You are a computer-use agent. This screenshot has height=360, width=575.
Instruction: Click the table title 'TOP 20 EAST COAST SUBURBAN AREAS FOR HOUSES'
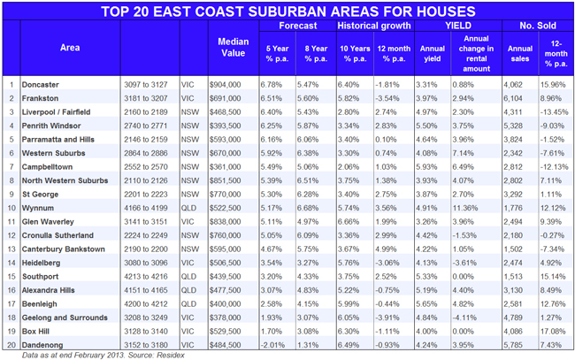(x=287, y=11)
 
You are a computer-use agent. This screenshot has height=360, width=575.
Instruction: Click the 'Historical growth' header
(x=372, y=27)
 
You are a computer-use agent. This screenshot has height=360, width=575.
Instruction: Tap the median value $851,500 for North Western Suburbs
(x=224, y=179)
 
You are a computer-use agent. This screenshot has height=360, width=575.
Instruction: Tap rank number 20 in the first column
(x=11, y=341)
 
